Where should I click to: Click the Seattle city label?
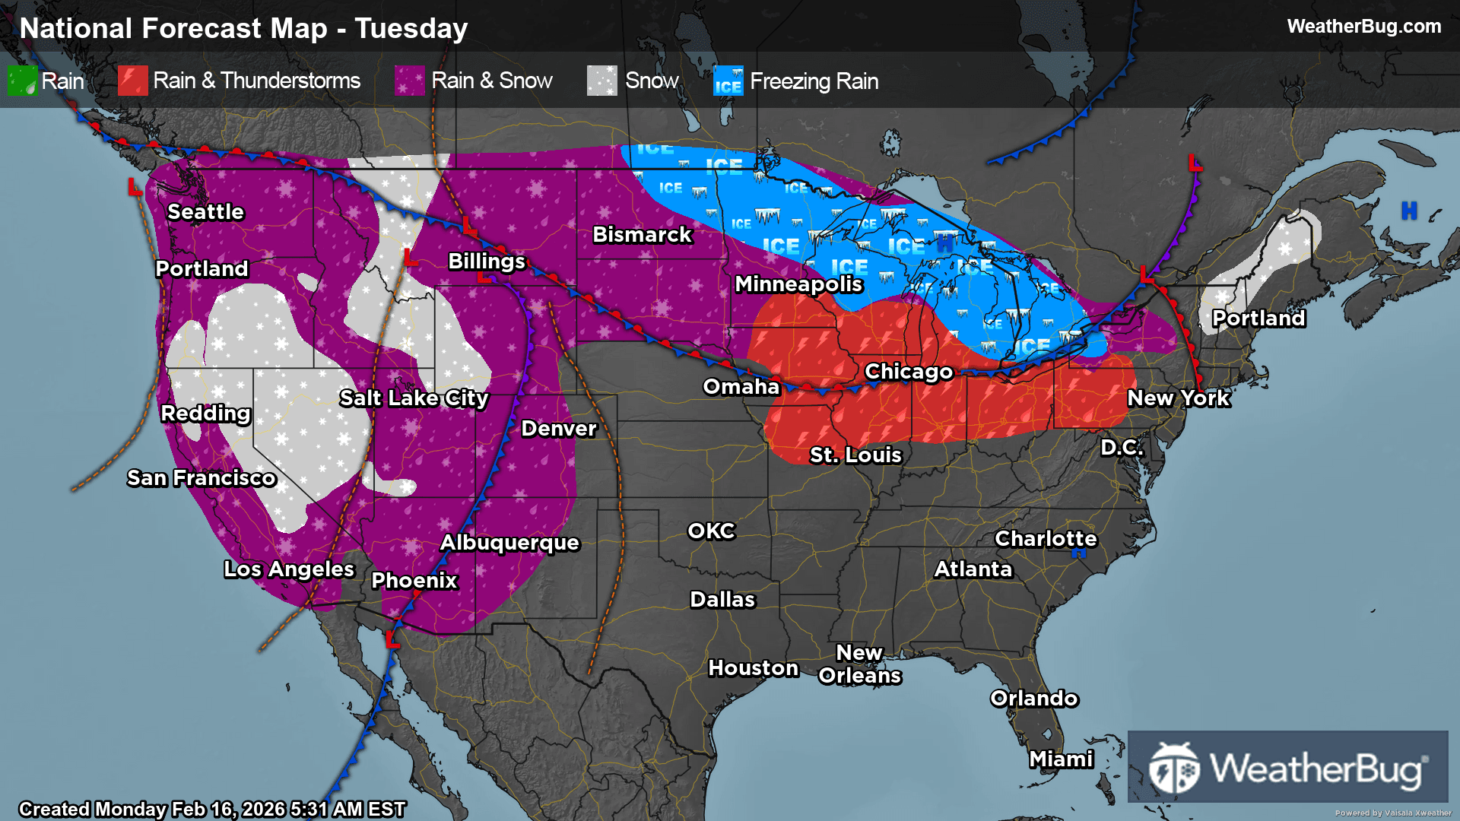click(205, 212)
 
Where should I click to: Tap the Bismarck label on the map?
click(642, 235)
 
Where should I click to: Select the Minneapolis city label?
click(798, 284)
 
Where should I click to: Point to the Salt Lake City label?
click(414, 398)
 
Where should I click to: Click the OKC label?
click(711, 531)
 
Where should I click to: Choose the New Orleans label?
click(859, 664)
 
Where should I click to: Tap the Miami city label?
click(1061, 759)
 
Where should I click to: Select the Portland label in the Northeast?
click(1258, 319)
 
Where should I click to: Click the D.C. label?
click(1122, 448)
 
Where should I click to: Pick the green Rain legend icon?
click(22, 81)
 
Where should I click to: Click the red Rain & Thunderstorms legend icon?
click(132, 81)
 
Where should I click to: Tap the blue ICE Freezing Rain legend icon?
click(728, 81)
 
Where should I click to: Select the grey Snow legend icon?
click(601, 81)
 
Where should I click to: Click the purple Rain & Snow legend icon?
click(410, 81)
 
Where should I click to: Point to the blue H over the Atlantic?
click(1409, 211)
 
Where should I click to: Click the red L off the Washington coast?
click(135, 187)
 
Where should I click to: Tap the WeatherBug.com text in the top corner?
click(1363, 27)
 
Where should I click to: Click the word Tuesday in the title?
click(411, 29)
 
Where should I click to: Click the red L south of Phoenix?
click(392, 639)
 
